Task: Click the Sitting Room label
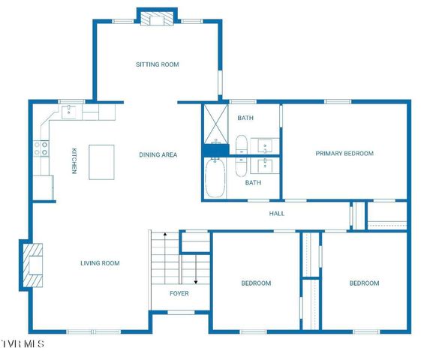pyautogui.click(x=158, y=64)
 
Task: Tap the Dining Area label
pyautogui.click(x=158, y=154)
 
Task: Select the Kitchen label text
pyautogui.click(x=74, y=161)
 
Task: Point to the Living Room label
pyautogui.click(x=100, y=263)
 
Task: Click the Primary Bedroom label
pyautogui.click(x=344, y=154)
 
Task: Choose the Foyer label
pyautogui.click(x=179, y=294)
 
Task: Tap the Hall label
pyautogui.click(x=277, y=214)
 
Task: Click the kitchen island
pyautogui.click(x=101, y=162)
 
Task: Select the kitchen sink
pyautogui.click(x=69, y=112)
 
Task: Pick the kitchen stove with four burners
pyautogui.click(x=41, y=148)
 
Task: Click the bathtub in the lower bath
pyautogui.click(x=215, y=178)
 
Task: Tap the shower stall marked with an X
pyautogui.click(x=216, y=124)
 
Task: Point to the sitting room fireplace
pyautogui.click(x=157, y=19)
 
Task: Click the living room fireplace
pyautogui.click(x=32, y=265)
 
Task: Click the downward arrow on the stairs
pyautogui.click(x=196, y=269)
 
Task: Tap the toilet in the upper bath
pyautogui.click(x=242, y=145)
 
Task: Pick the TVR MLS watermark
pyautogui.click(x=23, y=344)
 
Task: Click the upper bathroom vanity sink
pyautogui.click(x=265, y=146)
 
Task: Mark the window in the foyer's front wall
pyautogui.click(x=181, y=312)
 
